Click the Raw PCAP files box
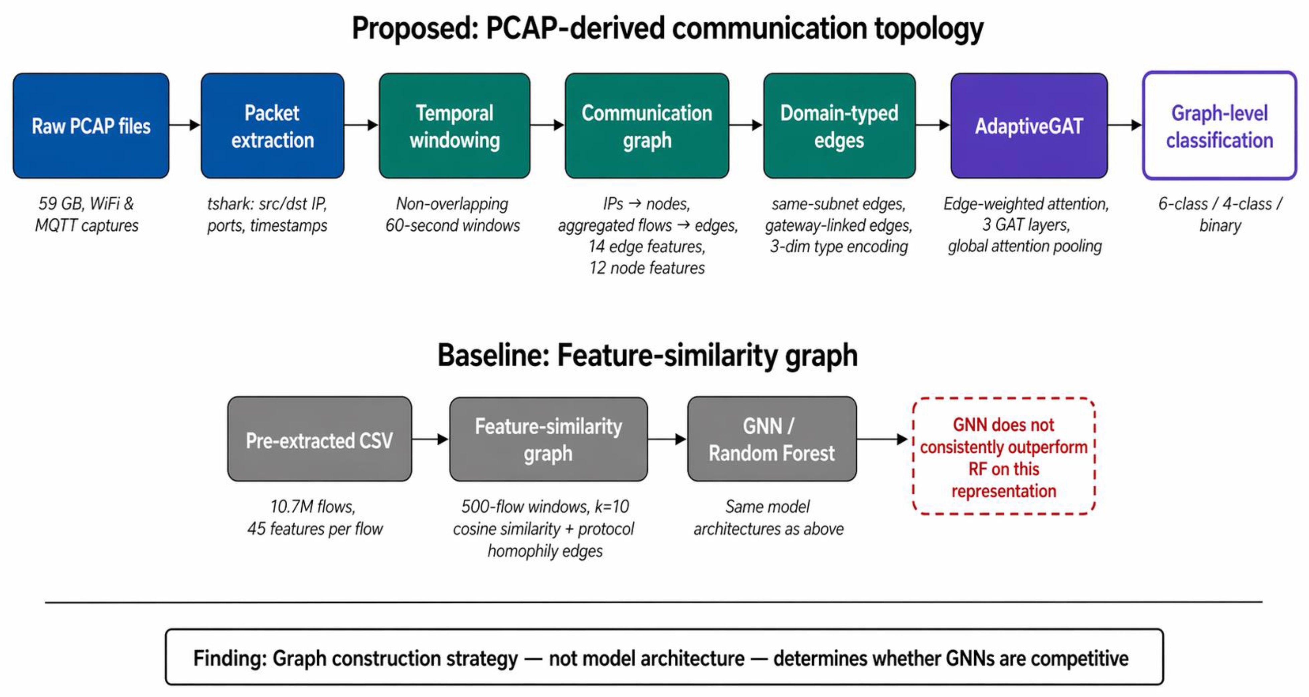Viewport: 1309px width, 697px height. pyautogui.click(x=91, y=126)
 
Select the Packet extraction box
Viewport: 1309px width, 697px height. pyautogui.click(x=272, y=126)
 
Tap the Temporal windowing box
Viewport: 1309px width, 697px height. pyautogui.click(x=454, y=126)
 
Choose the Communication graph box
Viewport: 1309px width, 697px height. pyautogui.click(x=646, y=126)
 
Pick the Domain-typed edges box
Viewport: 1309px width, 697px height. pyautogui.click(x=839, y=126)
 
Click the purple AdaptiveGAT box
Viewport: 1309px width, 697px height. pyautogui.click(x=1028, y=126)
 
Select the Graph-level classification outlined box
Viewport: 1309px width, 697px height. pyautogui.click(x=1219, y=126)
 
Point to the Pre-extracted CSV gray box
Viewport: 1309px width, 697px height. pyautogui.click(x=319, y=439)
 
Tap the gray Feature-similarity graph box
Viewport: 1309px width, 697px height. pyautogui.click(x=548, y=439)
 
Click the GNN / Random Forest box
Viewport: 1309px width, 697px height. pyautogui.click(x=771, y=439)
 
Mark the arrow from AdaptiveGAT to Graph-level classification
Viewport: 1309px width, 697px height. pyautogui.click(x=1125, y=125)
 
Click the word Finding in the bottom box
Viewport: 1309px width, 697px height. pyautogui.click(x=229, y=658)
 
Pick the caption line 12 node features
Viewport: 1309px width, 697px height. pyautogui.click(x=646, y=268)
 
